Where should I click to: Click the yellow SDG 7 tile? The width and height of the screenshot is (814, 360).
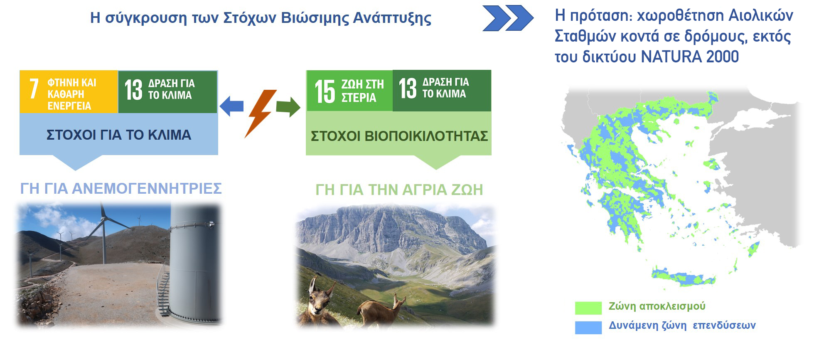[x=69, y=92]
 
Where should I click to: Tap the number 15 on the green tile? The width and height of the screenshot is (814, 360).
[x=325, y=91]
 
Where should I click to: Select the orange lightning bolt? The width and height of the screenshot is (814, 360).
[x=260, y=113]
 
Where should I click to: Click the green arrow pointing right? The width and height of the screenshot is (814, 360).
[x=288, y=107]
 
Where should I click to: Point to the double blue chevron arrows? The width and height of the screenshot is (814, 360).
[x=508, y=18]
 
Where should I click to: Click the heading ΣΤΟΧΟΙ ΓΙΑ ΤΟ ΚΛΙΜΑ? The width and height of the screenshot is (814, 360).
[x=119, y=135]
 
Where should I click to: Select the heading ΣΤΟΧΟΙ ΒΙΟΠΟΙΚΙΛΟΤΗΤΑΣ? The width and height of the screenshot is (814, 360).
[x=399, y=136]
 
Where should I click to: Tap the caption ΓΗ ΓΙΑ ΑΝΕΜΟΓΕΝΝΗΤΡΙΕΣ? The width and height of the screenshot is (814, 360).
[x=121, y=188]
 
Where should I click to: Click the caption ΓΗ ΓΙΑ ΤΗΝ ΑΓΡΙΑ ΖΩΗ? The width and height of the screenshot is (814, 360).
[x=399, y=190]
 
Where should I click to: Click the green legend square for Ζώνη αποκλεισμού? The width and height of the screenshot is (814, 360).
[x=588, y=308]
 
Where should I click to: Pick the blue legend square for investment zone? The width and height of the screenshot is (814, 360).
[x=588, y=327]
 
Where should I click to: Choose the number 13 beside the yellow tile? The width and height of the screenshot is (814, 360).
[x=133, y=90]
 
